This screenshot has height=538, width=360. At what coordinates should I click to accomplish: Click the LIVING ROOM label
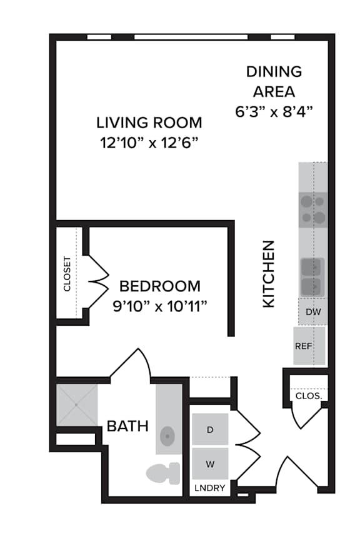coord(149,123)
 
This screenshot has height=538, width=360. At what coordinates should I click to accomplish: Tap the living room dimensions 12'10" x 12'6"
coord(149,143)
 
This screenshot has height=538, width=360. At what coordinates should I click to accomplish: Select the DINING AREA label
coord(274,82)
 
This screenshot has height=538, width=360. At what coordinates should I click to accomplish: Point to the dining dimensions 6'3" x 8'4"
coord(274,111)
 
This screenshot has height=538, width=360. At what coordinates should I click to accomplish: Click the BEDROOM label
coord(160,286)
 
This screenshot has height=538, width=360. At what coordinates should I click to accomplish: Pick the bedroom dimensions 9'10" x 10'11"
coord(160,306)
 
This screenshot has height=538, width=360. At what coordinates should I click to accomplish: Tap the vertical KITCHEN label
coord(269,274)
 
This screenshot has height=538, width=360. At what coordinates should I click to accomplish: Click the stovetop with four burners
coord(312,210)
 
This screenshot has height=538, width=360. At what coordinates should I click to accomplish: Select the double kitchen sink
coord(312,277)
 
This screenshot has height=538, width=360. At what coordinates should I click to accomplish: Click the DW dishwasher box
coord(313,312)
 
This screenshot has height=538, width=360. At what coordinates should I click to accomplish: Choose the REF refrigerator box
coord(309,346)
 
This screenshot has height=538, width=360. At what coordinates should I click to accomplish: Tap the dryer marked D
coord(210,429)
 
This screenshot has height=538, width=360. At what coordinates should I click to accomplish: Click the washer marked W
coord(210,464)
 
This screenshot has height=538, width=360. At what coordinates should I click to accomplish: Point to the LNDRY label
coord(210,488)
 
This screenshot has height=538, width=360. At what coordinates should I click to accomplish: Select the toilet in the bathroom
coord(163,473)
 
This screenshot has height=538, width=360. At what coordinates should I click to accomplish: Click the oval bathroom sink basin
coord(167,437)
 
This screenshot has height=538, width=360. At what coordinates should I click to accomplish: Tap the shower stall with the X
coord(77,405)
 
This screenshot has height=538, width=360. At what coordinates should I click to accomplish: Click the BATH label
coord(127,426)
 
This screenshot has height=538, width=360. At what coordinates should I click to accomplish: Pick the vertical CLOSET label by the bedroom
coord(67,274)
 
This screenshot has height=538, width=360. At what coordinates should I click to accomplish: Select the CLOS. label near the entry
coord(309,396)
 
